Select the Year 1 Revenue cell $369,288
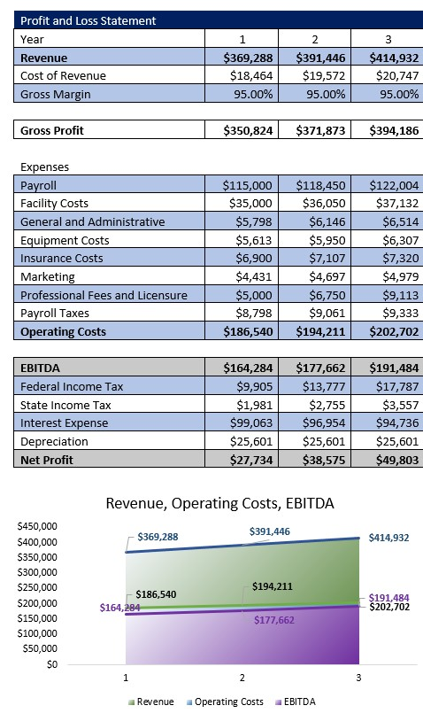[248, 58]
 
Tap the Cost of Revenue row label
[63, 76]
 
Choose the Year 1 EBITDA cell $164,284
[248, 368]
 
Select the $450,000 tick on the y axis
[37, 526]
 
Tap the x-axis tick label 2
[242, 678]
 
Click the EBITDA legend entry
[296, 702]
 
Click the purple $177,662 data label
[274, 620]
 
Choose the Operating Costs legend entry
[224, 702]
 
